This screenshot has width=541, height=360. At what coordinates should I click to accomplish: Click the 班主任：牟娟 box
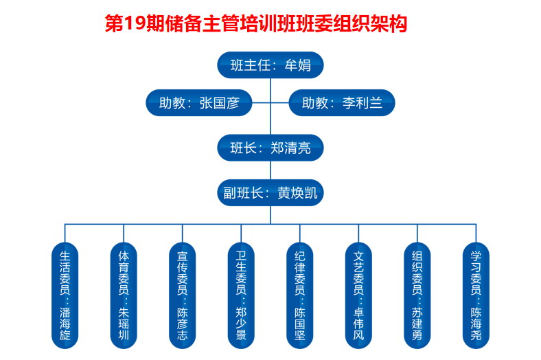[270, 66]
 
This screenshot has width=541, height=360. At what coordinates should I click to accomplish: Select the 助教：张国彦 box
[198, 103]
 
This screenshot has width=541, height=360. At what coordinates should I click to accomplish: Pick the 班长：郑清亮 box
[270, 148]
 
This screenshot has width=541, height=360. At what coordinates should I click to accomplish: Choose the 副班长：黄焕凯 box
[270, 193]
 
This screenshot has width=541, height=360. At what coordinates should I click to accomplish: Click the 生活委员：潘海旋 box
[65, 295]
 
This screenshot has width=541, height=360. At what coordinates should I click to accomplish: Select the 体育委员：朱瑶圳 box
[124, 295]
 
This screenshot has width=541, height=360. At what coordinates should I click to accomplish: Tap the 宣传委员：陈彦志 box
[182, 295]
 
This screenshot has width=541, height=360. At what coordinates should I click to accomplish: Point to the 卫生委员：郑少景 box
[241, 295]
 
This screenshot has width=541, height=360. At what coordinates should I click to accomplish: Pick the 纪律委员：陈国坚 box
[299, 295]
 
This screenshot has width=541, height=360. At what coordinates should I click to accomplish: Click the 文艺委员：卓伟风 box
[358, 295]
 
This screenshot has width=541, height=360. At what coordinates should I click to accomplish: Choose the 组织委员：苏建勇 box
[417, 295]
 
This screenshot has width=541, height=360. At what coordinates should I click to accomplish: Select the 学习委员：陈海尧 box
[476, 295]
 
